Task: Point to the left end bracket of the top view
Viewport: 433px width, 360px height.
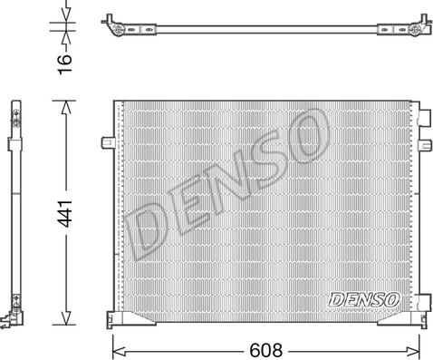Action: [117, 26]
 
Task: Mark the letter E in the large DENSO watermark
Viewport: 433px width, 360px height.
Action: [186, 209]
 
